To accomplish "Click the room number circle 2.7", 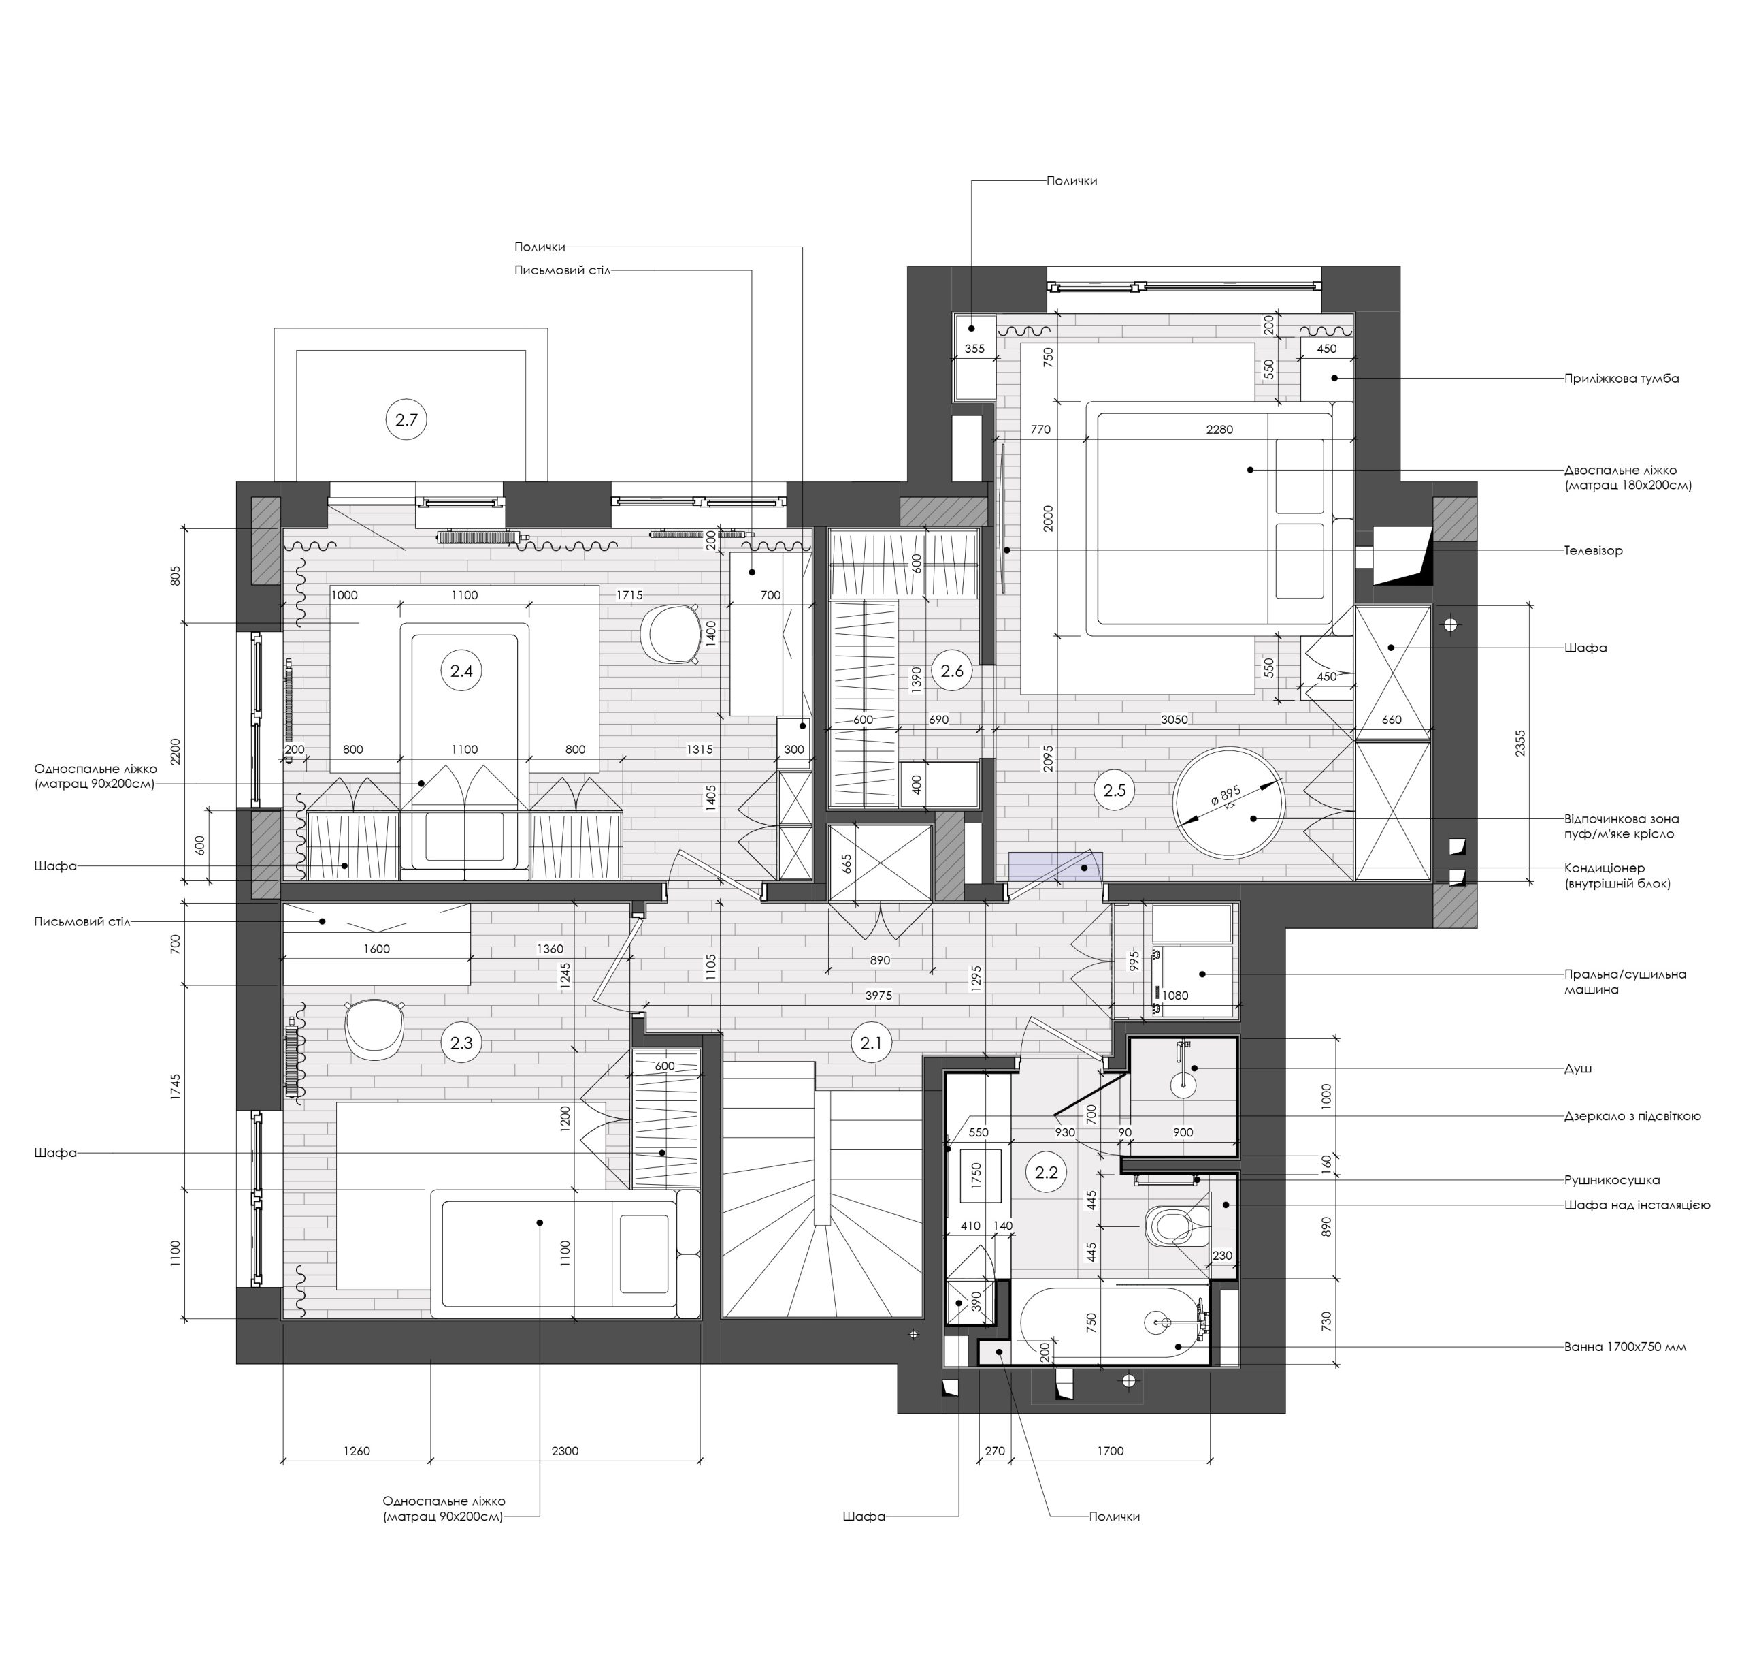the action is [x=406, y=419].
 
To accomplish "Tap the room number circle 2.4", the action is [x=461, y=671].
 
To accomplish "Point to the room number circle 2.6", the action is [x=952, y=671].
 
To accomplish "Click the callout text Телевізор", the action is [x=1594, y=550].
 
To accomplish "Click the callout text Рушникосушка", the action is [x=1612, y=1180].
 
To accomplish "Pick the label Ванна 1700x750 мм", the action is [x=1625, y=1346].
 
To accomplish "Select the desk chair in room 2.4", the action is [x=670, y=633].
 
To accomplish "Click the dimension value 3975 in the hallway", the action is [x=878, y=996].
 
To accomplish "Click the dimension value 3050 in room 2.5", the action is [x=1174, y=719].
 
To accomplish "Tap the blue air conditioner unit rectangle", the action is [x=1056, y=866].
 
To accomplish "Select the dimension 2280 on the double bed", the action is [x=1219, y=430].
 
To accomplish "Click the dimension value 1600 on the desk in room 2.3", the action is [x=376, y=949].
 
